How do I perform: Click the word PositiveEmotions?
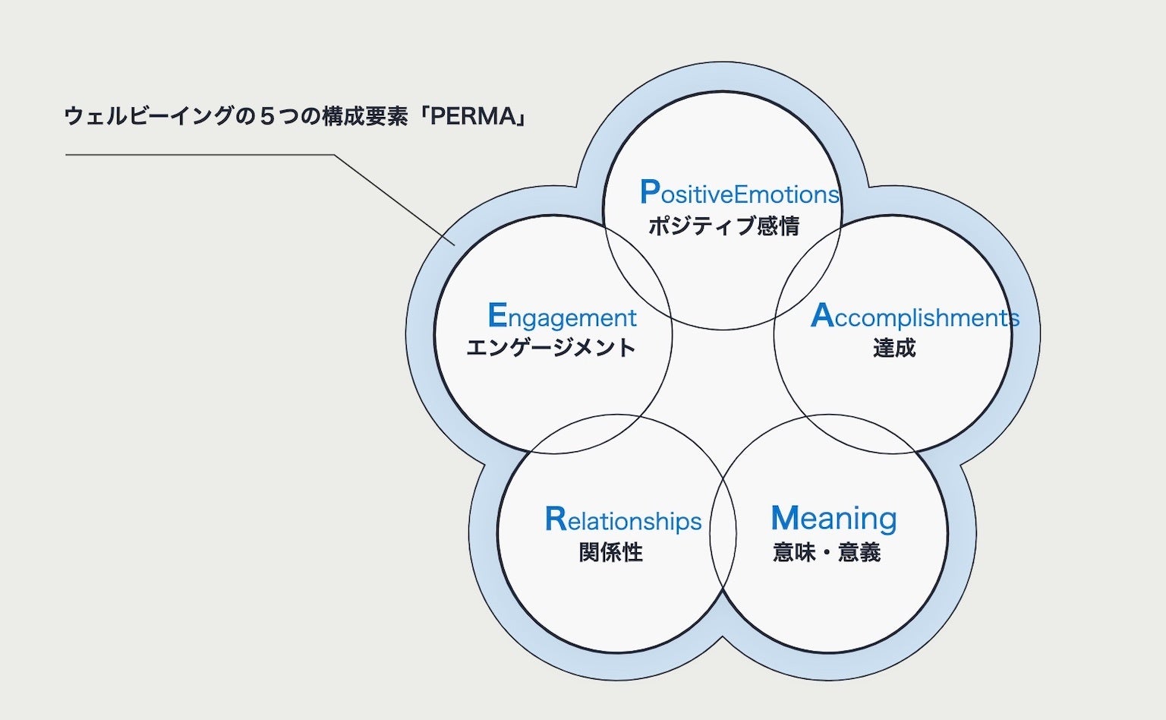740,194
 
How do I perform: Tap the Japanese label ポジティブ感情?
723,226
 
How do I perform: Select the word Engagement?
563,317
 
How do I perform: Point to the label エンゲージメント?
551,348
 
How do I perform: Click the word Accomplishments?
915,317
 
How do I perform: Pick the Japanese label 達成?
894,348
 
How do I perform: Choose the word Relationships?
623,520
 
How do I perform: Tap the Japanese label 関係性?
611,552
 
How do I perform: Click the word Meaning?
834,519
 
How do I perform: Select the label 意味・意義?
827,552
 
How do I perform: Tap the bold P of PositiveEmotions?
649,192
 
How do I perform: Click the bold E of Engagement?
497,315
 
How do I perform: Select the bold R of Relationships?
556,519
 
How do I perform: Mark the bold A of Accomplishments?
822,315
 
